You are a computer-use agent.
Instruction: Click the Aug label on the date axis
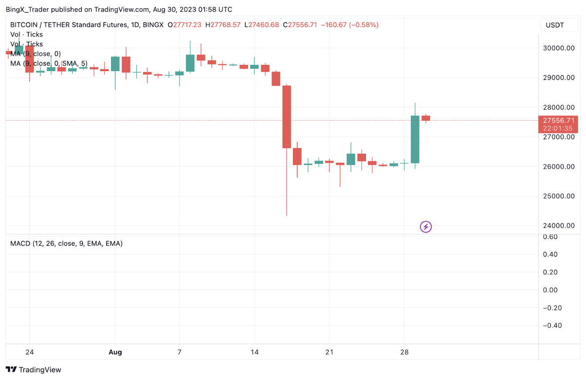point(115,352)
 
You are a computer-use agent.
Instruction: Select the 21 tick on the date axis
point(329,352)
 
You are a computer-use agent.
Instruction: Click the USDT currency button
point(554,25)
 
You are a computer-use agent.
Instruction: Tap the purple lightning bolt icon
point(426,227)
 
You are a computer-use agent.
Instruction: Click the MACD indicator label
point(66,243)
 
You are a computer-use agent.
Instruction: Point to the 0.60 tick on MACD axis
point(550,237)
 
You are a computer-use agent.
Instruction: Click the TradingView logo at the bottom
point(34,370)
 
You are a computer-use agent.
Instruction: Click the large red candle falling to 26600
point(287,117)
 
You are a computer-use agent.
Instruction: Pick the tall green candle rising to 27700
point(415,139)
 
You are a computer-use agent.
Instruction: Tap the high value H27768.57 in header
point(223,25)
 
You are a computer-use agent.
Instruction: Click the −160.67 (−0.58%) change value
point(349,25)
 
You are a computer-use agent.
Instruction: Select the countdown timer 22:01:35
point(557,129)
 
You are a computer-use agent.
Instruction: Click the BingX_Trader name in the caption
point(29,9)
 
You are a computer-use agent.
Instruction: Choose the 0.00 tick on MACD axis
point(550,290)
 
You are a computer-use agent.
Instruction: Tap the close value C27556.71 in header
point(302,25)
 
